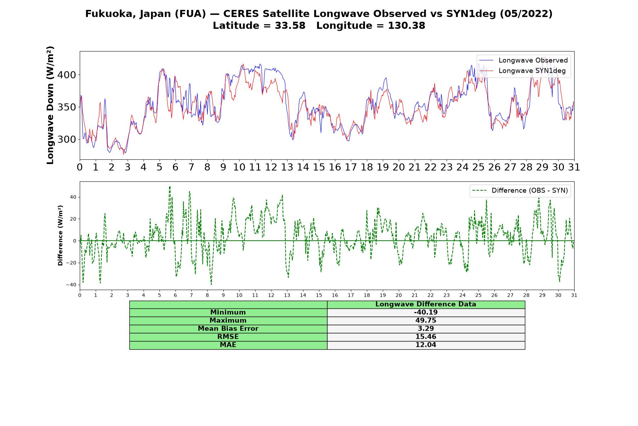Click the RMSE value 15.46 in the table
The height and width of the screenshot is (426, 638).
pyautogui.click(x=426, y=337)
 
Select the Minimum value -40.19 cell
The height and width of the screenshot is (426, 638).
pyautogui.click(x=426, y=312)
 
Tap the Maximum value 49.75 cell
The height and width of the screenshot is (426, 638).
pyautogui.click(x=426, y=321)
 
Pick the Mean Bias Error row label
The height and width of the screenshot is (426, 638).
pyautogui.click(x=228, y=329)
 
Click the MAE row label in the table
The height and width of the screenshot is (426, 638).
pyautogui.click(x=228, y=345)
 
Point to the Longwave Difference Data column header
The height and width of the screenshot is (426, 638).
pyautogui.click(x=426, y=304)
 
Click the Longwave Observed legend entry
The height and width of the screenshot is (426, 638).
pyautogui.click(x=524, y=60)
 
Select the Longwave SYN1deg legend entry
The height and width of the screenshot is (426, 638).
pyautogui.click(x=522, y=71)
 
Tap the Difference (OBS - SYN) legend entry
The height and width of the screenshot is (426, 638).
pyautogui.click(x=520, y=191)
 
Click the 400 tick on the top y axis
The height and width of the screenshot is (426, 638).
pyautogui.click(x=66, y=75)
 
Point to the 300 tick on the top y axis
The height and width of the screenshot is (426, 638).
pyautogui.click(x=66, y=140)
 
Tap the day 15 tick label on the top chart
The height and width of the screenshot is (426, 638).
pyautogui.click(x=319, y=167)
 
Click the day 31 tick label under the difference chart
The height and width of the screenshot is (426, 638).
pyautogui.click(x=574, y=295)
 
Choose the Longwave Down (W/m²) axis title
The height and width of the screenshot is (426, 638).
pyautogui.click(x=50, y=105)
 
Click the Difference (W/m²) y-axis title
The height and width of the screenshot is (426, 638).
pyautogui.click(x=60, y=235)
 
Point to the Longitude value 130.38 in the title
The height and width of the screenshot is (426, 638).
pyautogui.click(x=407, y=26)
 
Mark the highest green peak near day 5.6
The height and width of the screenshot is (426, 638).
pyautogui.click(x=170, y=186)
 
